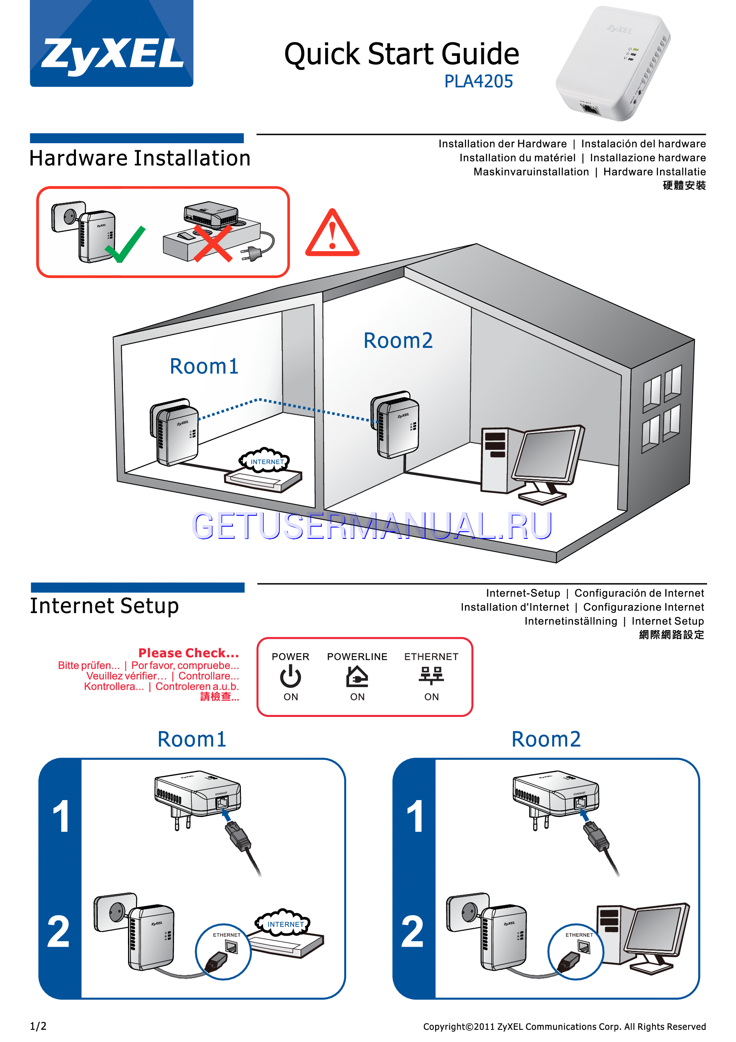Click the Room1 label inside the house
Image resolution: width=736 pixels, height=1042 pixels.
click(204, 366)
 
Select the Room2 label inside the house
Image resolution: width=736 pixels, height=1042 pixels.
click(398, 340)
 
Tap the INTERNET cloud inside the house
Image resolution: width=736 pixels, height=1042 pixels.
click(264, 461)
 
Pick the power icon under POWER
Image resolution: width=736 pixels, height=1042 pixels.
click(290, 676)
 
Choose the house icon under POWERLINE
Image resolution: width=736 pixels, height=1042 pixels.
click(358, 676)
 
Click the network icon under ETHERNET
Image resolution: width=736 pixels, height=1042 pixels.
click(431, 676)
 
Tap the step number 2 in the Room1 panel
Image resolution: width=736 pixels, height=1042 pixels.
click(59, 932)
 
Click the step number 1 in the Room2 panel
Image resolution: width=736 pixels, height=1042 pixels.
click(415, 817)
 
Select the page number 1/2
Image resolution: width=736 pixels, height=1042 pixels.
click(38, 1026)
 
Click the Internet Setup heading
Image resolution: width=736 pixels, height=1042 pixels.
click(104, 606)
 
